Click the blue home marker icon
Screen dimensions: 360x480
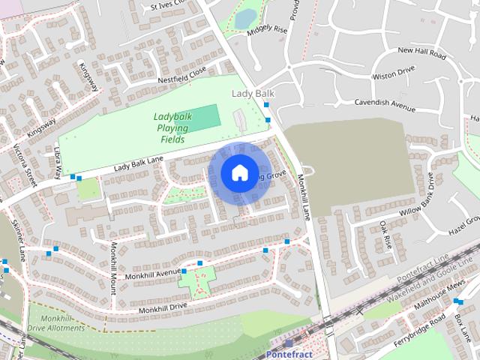[x=238, y=172]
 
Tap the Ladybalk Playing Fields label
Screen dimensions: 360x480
[x=173, y=127]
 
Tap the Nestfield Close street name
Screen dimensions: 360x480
[x=181, y=74]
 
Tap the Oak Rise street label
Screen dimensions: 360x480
[x=385, y=233]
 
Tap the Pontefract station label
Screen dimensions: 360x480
[x=289, y=353]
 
